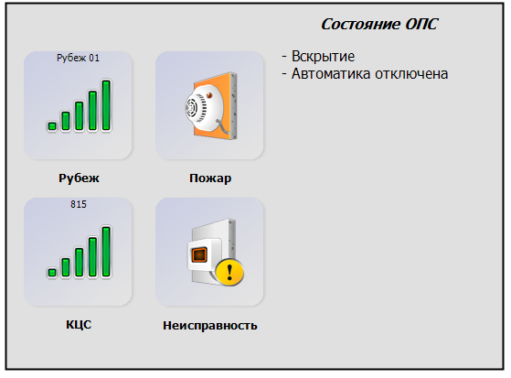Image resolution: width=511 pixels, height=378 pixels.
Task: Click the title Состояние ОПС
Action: [x=379, y=24]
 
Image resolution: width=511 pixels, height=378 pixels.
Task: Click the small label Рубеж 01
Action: [x=78, y=58]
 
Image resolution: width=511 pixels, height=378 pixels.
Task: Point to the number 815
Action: [x=79, y=204]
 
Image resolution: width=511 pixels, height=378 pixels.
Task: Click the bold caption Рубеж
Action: [x=79, y=178]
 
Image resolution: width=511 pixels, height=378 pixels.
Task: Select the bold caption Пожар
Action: [x=210, y=178]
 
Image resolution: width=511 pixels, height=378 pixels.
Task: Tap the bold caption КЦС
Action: [x=79, y=325]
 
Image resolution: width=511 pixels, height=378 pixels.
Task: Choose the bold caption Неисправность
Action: [x=210, y=325]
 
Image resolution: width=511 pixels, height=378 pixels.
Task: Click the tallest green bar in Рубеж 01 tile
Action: [x=106, y=105]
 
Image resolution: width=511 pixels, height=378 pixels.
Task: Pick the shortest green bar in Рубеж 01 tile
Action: [x=52, y=126]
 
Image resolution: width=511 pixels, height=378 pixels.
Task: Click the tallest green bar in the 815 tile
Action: [x=106, y=252]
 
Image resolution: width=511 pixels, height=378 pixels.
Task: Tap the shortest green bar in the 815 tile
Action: [x=52, y=273]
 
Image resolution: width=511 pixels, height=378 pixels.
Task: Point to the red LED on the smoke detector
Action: [x=209, y=95]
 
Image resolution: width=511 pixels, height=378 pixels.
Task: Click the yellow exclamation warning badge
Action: [x=229, y=272]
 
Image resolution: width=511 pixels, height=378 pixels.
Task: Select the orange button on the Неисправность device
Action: [x=199, y=254]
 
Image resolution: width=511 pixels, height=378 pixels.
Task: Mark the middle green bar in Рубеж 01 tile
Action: [x=80, y=116]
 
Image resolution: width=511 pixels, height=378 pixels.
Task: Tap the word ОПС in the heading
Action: [x=421, y=24]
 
